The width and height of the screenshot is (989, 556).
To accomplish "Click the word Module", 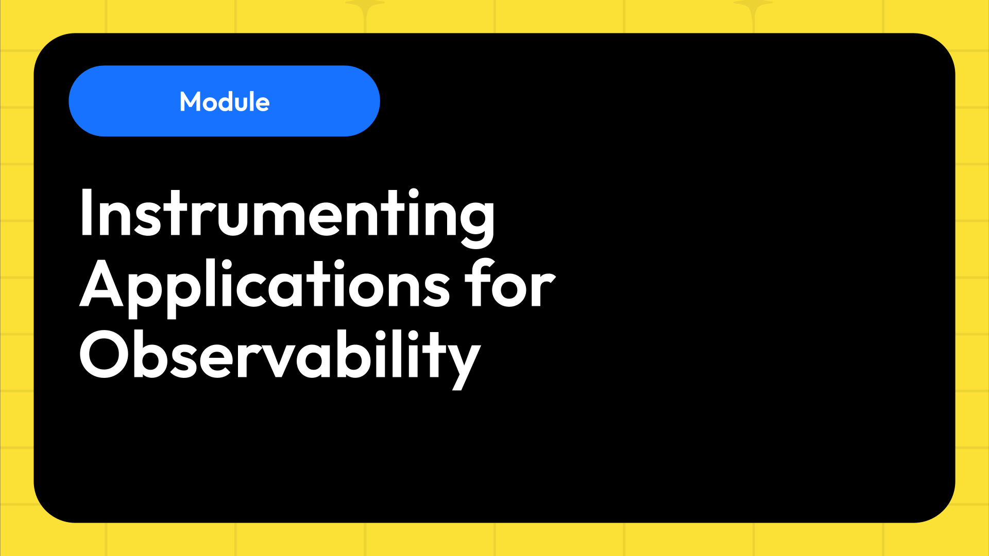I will coord(224,101).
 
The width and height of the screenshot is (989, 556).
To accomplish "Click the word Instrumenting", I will coord(287,214).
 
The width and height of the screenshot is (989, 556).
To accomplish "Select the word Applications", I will coord(265,285).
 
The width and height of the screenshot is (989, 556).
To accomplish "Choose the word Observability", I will coord(280,355).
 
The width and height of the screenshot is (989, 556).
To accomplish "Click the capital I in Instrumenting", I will coord(86,213).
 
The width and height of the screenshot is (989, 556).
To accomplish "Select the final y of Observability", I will coord(464,360).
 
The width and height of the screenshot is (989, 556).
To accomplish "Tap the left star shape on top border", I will coord(365,6).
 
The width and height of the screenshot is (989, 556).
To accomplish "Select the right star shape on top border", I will coord(753,6).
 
